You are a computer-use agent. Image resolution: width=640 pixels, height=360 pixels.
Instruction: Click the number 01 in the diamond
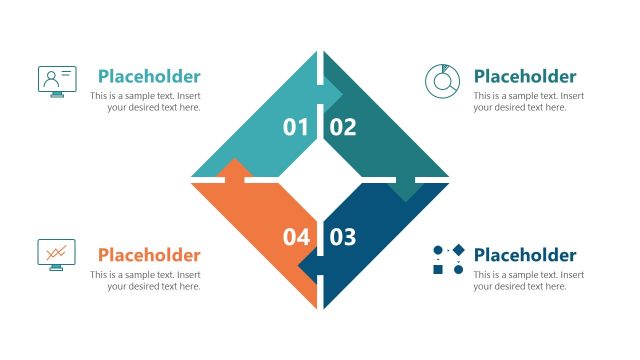click(x=296, y=127)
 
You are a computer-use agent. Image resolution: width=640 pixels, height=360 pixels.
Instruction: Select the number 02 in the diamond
click(x=343, y=127)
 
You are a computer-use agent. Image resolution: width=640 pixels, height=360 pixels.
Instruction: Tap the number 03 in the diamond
click(x=343, y=237)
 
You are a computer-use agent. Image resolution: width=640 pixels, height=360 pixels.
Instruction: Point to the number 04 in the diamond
click(x=296, y=237)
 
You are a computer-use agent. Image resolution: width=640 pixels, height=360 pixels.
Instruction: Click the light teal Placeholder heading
click(x=149, y=76)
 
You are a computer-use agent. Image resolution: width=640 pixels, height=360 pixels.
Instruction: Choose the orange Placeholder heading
click(x=149, y=255)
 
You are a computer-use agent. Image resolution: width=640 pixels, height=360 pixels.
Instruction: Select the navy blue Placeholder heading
click(x=525, y=255)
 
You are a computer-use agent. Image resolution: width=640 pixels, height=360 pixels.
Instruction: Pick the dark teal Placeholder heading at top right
click(x=525, y=76)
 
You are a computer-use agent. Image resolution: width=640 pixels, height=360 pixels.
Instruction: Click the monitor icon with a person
click(x=56, y=81)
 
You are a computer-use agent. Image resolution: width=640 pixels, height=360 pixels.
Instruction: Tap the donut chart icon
click(x=442, y=81)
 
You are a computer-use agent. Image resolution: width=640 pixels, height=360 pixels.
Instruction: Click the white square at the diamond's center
click(x=320, y=181)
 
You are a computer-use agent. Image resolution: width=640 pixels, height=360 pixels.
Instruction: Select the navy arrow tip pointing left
click(x=307, y=269)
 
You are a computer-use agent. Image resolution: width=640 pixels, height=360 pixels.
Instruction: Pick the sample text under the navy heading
click(x=528, y=281)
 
